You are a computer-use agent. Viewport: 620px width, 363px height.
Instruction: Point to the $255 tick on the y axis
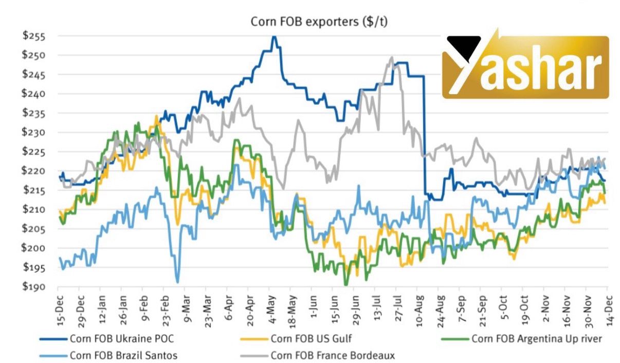click(x=34, y=37)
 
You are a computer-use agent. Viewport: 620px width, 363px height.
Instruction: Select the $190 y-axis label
click(x=34, y=287)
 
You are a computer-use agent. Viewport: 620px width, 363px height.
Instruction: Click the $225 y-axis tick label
click(x=34, y=152)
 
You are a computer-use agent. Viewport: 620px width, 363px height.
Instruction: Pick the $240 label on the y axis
click(x=34, y=94)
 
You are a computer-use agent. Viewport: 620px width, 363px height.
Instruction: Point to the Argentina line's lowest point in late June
click(x=346, y=284)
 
